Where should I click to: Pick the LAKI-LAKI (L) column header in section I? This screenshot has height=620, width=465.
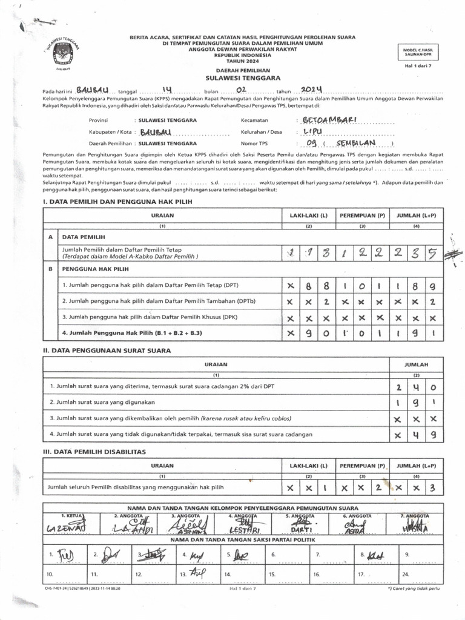[308, 216]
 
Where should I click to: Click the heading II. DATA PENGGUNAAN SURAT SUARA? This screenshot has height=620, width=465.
[107, 350]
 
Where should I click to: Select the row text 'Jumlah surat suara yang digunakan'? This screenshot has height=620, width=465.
[103, 402]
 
